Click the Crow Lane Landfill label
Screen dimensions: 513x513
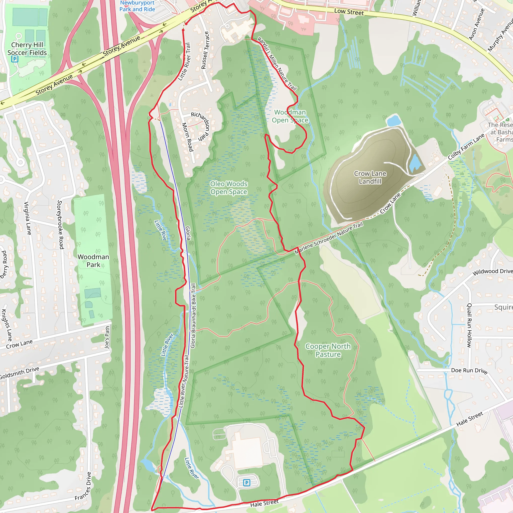pos(370,177)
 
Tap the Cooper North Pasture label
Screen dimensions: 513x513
pos(328,350)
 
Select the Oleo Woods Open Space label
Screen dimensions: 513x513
pos(229,188)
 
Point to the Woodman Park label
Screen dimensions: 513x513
pos(93,261)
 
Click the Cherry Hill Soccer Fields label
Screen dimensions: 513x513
pos(27,49)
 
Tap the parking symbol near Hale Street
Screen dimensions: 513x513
pos(247,482)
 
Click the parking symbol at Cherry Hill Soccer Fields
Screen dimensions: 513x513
pos(15,59)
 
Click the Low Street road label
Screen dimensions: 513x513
pos(349,12)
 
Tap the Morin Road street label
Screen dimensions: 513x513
pos(187,137)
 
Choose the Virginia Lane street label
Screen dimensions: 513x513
pos(28,218)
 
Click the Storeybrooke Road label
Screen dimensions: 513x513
pos(61,225)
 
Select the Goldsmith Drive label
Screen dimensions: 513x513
pos(19,373)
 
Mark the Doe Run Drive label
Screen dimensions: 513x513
pos(469,370)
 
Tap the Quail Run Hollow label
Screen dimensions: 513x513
pos(469,325)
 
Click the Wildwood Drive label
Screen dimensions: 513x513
pos(492,272)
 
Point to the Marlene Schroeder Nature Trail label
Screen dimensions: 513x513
pos(328,238)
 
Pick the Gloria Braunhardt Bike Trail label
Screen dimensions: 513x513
pos(193,316)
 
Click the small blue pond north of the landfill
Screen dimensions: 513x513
pos(394,121)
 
